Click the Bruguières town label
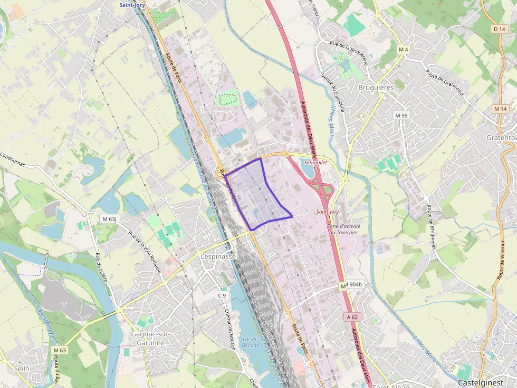[x=376, y=87]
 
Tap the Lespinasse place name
[x=219, y=256]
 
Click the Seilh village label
[x=22, y=368]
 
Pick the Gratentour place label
[x=501, y=137]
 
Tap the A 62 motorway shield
[x=352, y=317]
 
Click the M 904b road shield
[x=352, y=285]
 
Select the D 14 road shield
[x=499, y=29]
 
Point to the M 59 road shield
[x=401, y=115]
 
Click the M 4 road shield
[x=404, y=49]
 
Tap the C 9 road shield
[x=222, y=295]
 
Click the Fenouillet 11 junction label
[x=315, y=165]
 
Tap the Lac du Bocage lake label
[x=251, y=342]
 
